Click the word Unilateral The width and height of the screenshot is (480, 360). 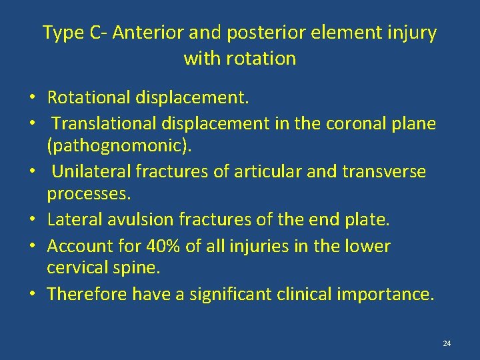(91, 171)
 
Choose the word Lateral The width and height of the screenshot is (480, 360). (71, 219)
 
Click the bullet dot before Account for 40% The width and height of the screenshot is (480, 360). (32, 247)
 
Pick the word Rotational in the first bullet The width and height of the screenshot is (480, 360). (89, 98)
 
